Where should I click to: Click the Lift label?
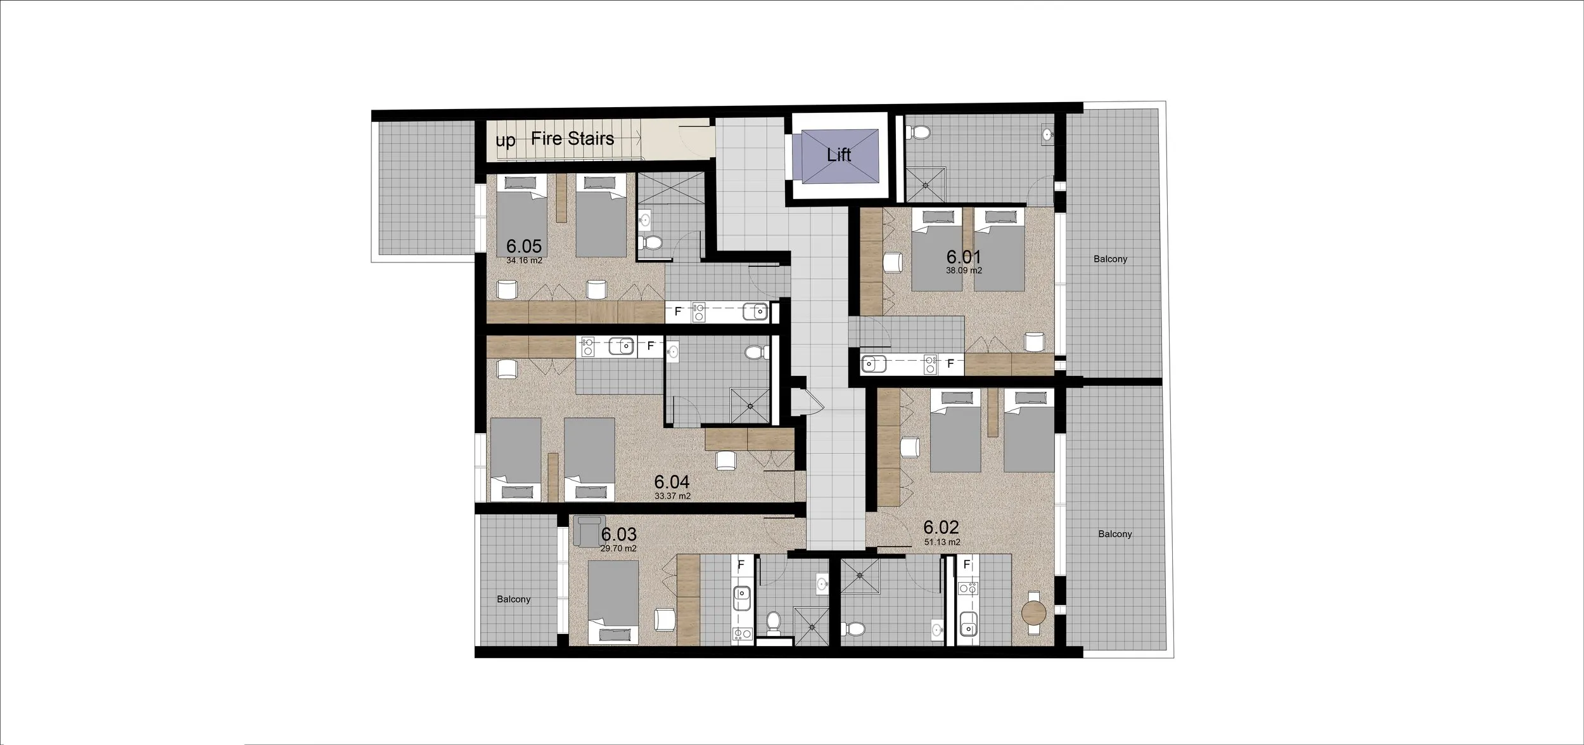pyautogui.click(x=838, y=154)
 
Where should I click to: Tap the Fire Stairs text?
pyautogui.click(x=573, y=138)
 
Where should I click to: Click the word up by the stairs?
pyautogui.click(x=505, y=141)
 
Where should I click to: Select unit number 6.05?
pyautogui.click(x=524, y=246)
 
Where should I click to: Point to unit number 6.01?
pyautogui.click(x=964, y=257)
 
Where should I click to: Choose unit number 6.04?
pyautogui.click(x=672, y=483)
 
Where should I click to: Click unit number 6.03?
pyautogui.click(x=619, y=535)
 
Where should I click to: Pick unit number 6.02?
pyautogui.click(x=941, y=528)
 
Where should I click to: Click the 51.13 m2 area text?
pyautogui.click(x=942, y=542)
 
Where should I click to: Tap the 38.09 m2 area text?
pyautogui.click(x=964, y=270)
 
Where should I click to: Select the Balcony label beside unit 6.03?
pyautogui.click(x=514, y=599)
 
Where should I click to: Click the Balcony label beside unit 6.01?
pyautogui.click(x=1110, y=259)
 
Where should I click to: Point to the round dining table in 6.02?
pyautogui.click(x=1034, y=614)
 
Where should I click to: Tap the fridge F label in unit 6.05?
pyautogui.click(x=678, y=312)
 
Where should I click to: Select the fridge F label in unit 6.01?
pyautogui.click(x=950, y=364)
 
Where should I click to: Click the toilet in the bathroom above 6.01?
pyautogui.click(x=918, y=133)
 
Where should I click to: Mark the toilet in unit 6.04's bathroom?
pyautogui.click(x=754, y=353)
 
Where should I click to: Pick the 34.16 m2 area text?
pyautogui.click(x=524, y=260)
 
